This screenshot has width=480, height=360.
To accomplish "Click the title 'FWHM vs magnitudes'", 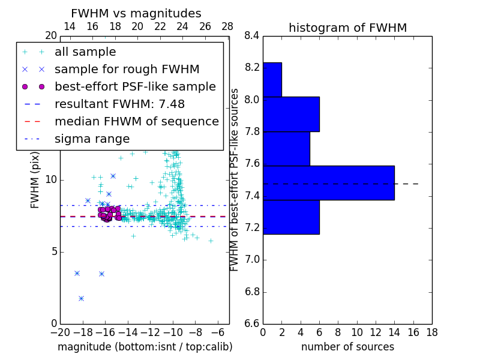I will (x=136, y=13).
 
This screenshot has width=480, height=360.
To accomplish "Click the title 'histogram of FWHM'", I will (x=347, y=28).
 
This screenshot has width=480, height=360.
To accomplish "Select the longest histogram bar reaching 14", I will (x=328, y=182).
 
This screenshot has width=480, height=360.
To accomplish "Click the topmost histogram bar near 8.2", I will (x=272, y=79).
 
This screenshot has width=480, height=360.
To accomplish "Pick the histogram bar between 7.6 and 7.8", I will (x=286, y=148).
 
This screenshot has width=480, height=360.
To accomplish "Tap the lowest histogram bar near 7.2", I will (x=291, y=217).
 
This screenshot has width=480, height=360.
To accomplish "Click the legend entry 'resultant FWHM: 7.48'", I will (x=119, y=104).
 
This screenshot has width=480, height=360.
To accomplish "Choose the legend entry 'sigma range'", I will (x=92, y=139).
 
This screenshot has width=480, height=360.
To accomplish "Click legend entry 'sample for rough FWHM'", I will (x=127, y=69).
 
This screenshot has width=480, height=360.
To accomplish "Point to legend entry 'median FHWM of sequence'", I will (x=136, y=121).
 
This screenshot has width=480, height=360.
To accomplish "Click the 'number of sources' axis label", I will (x=347, y=347).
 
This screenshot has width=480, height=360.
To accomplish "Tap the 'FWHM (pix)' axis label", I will (x=35, y=179).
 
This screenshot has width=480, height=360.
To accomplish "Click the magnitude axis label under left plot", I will (x=145, y=347).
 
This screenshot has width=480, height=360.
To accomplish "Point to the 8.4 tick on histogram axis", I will (x=252, y=36).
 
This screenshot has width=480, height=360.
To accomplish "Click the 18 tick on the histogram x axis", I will (x=431, y=332).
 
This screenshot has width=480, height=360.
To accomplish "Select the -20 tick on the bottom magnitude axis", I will (x=60, y=332).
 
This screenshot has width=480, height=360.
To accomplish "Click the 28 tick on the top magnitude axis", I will (x=227, y=26).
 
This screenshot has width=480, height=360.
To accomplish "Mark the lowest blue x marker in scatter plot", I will (x=81, y=298).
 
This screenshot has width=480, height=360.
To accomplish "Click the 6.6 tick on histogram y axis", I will (x=252, y=324).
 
